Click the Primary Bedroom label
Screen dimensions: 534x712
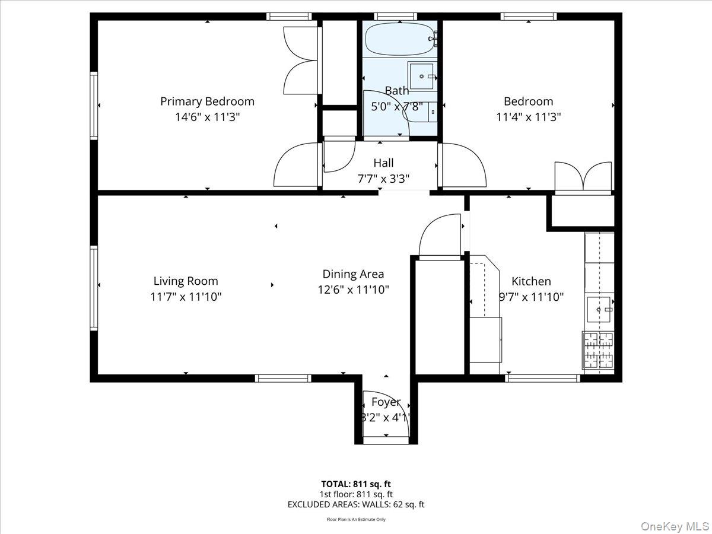coord(207,101)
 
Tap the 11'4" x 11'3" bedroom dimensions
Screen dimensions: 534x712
coord(528,117)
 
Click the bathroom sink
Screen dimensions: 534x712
coord(422,76)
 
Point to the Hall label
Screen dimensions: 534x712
coord(383,163)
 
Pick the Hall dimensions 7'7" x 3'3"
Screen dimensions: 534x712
coord(383,178)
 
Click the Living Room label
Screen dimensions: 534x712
coord(186,281)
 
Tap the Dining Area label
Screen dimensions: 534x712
coord(353,274)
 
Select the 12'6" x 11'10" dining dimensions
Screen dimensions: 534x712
coord(353,290)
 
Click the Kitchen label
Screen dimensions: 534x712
coord(531,281)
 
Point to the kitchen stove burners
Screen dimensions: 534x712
coord(598,350)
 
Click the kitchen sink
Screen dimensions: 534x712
coord(599,309)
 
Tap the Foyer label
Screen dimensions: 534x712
coord(386,402)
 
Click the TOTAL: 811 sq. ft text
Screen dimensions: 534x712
coord(356,484)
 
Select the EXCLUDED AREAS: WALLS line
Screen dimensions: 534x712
coord(356,505)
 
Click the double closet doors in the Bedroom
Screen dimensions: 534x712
coord(583,176)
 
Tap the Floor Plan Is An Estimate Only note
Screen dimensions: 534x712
coord(356,520)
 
